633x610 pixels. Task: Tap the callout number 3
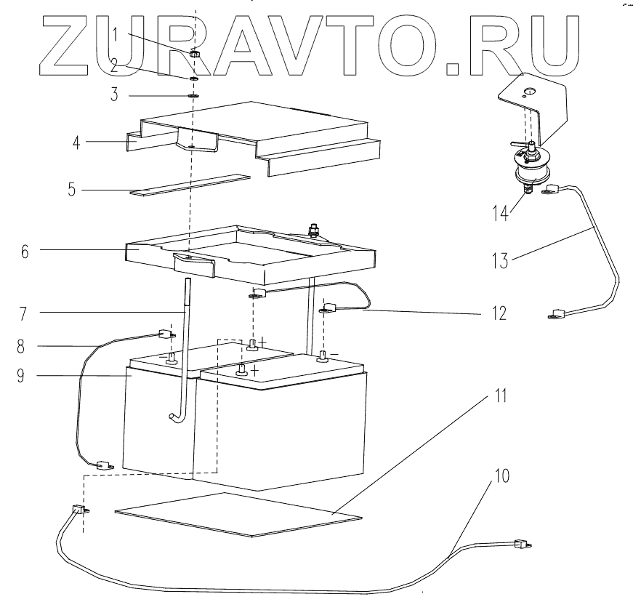[114, 95]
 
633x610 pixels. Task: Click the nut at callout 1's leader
[195, 55]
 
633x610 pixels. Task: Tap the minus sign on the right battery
[336, 353]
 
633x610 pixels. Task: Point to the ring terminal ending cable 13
[556, 316]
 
